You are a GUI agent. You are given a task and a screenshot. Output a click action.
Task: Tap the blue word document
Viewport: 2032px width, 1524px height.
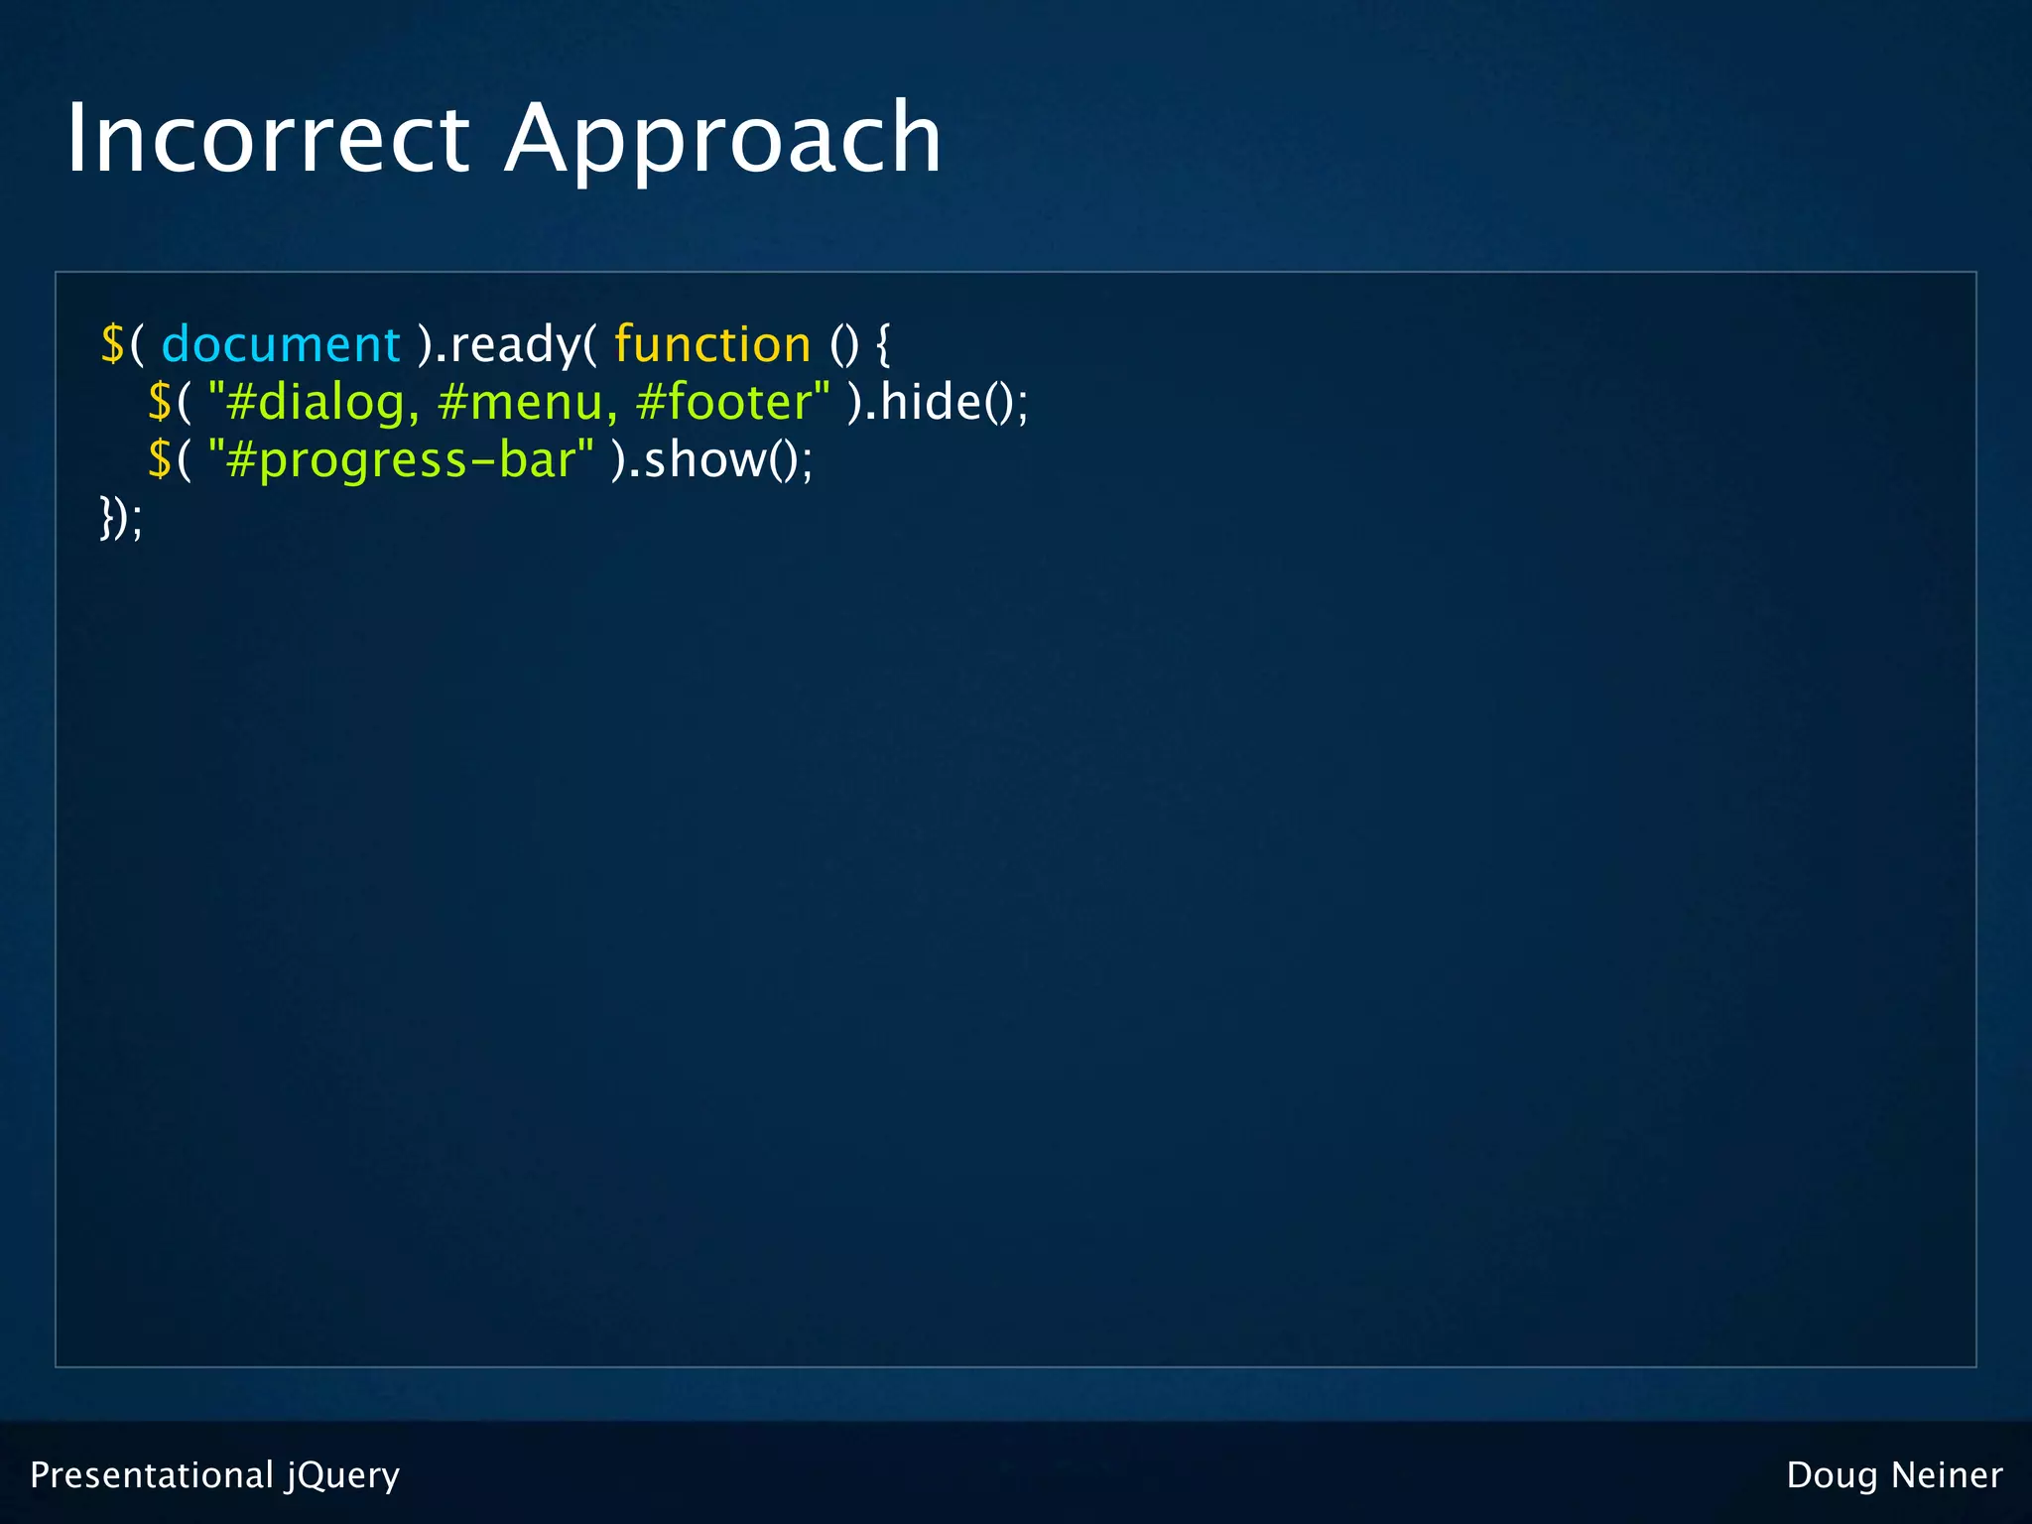[x=280, y=345]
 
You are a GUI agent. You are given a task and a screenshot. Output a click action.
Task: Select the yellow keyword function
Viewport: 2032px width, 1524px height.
[x=712, y=345]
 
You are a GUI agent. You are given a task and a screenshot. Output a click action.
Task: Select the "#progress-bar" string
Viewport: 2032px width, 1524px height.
[x=401, y=460]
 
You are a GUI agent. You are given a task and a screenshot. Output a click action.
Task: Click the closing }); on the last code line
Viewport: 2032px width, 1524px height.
[x=121, y=518]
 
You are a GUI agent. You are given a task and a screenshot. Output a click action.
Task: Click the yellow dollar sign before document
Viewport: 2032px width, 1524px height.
[x=112, y=345]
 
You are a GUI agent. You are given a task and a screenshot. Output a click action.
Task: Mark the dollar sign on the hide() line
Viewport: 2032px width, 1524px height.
[x=160, y=403]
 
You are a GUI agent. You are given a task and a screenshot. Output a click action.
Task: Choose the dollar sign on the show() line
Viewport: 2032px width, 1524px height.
[x=160, y=460]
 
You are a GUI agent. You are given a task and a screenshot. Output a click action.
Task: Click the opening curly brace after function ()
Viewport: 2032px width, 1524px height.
[x=883, y=345]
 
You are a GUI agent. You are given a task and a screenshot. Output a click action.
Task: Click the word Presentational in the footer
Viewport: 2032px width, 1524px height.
[x=151, y=1475]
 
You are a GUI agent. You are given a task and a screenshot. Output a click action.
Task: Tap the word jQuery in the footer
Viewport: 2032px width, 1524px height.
[x=343, y=1475]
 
